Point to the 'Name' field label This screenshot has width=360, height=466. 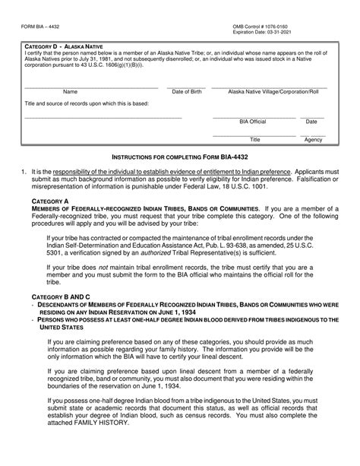pos(70,91)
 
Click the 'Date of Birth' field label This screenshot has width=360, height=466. pos(187,91)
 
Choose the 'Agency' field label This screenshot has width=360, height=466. pos(313,140)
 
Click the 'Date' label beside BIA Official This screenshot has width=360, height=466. pos(311,121)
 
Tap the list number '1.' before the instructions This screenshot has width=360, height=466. pos(25,173)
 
